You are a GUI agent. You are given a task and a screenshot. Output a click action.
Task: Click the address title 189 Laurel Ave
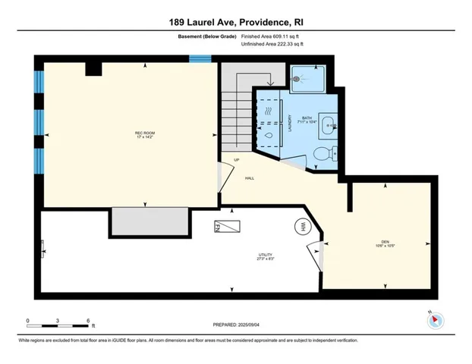(x=235, y=22)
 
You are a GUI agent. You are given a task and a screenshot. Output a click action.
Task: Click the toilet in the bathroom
(x=322, y=154)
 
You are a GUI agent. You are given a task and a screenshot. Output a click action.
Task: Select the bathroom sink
(x=328, y=126)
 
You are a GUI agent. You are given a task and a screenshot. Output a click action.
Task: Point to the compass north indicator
(x=436, y=319)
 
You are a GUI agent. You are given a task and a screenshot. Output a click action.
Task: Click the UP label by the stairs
(x=236, y=160)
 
